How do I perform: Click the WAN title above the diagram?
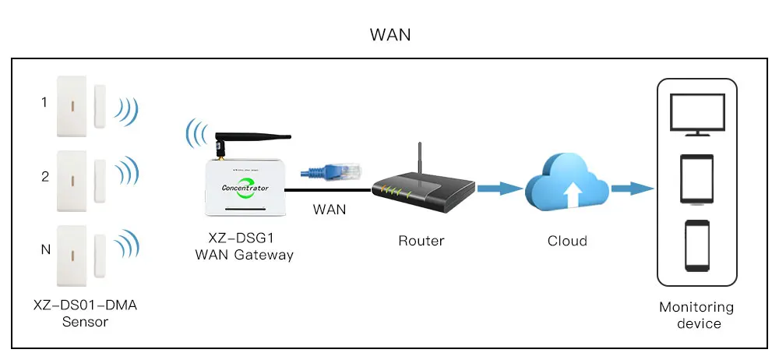coord(389,35)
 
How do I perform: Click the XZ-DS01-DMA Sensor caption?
coord(86,313)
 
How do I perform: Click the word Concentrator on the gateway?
coord(245,188)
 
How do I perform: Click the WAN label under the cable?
coord(330,209)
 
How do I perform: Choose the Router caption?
coord(421,241)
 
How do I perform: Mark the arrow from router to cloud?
coord(498,188)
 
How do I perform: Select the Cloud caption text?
coord(567,241)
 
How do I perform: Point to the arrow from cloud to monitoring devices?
coord(631,188)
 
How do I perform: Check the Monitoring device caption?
coord(696,315)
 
